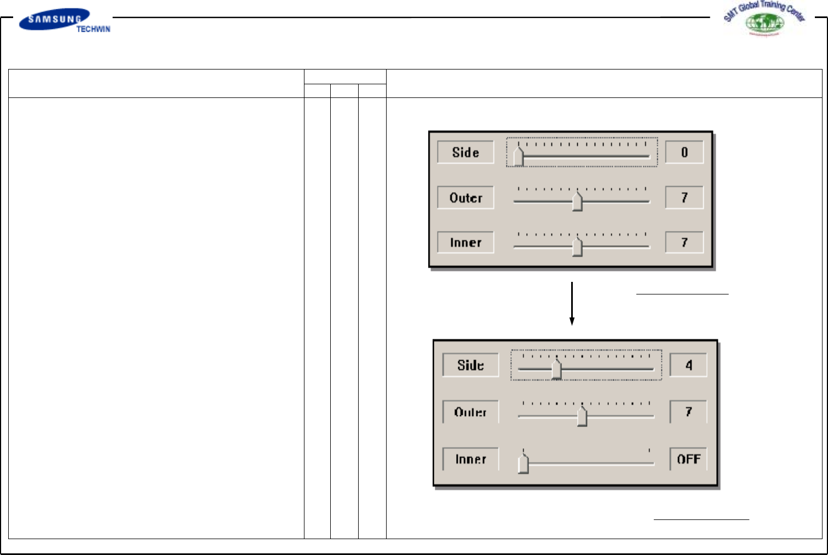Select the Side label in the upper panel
[465, 152]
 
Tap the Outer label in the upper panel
[465, 198]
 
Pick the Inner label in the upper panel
[465, 242]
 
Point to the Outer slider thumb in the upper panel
[577, 201]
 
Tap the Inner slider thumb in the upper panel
[577, 246]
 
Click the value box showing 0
[684, 152]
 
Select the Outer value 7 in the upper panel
[684, 198]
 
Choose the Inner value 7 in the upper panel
[684, 242]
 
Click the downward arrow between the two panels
[572, 304]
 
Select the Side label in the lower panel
[470, 365]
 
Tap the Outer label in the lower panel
[470, 412]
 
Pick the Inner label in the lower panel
[470, 459]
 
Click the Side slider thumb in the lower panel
[556, 369]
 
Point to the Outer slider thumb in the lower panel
[582, 416]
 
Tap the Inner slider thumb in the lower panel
[524, 464]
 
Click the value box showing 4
[688, 365]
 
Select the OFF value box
[688, 459]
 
